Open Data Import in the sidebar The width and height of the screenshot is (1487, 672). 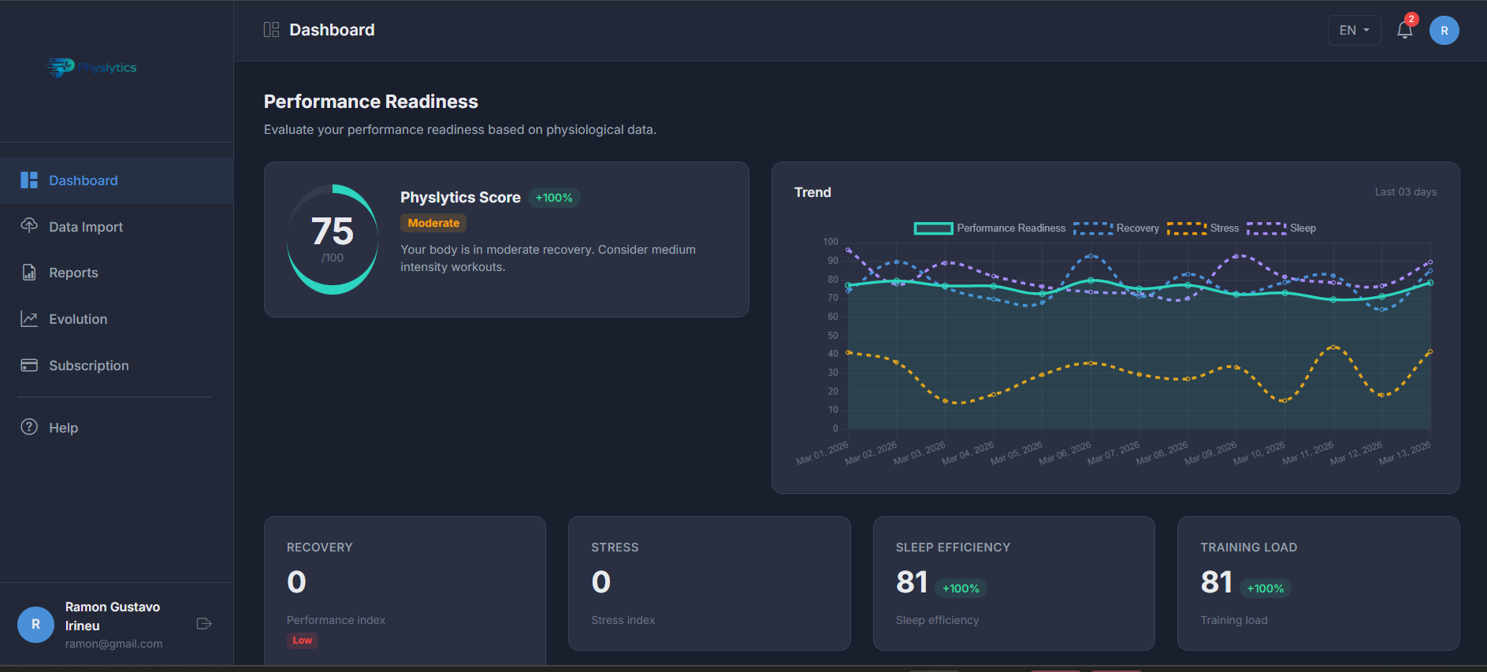85,227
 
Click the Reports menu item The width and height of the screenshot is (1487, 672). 73,273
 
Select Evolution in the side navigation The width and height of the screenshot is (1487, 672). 77,319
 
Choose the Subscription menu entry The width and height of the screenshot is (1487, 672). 88,366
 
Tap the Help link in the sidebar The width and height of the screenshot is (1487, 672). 63,428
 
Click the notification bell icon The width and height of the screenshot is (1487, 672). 1404,31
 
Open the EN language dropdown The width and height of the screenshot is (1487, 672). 1354,31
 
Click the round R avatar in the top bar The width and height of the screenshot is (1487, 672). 1444,31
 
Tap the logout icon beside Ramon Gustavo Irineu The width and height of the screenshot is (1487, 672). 204,624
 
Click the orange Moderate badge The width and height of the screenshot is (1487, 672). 433,223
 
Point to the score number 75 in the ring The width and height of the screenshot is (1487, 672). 333,232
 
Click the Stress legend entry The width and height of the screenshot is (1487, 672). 1203,228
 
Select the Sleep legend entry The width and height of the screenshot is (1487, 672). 1282,228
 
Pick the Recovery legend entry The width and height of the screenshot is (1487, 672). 1117,228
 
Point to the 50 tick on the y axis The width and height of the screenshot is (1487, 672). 833,336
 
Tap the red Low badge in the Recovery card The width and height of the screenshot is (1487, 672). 303,640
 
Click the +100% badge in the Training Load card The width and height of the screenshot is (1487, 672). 1265,588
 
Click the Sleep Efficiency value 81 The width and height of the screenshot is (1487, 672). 912,582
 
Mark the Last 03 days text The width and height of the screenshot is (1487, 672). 1405,192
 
